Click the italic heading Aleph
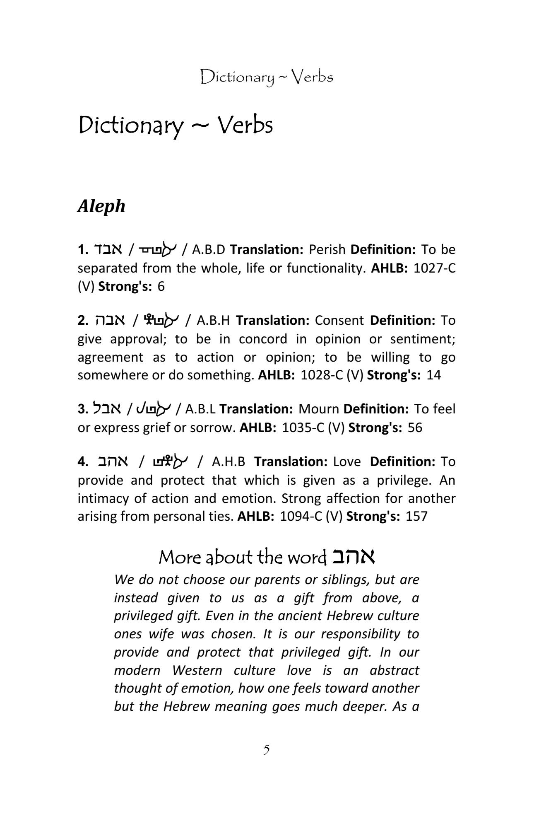pyautogui.click(x=101, y=206)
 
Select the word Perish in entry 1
pyautogui.click(x=327, y=250)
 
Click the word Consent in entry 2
pyautogui.click(x=339, y=321)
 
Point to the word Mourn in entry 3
pyautogui.click(x=318, y=409)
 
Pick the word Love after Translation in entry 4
pyautogui.click(x=347, y=462)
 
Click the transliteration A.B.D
pyautogui.click(x=209, y=250)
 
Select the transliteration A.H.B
pyautogui.click(x=228, y=462)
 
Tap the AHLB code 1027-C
pyautogui.click(x=434, y=268)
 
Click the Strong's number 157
pyautogui.click(x=416, y=517)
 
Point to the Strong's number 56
pyautogui.click(x=415, y=427)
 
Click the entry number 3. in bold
pyautogui.click(x=83, y=409)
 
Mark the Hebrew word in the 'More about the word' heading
pyautogui.click(x=353, y=557)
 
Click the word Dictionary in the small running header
pyautogui.click(x=237, y=77)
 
